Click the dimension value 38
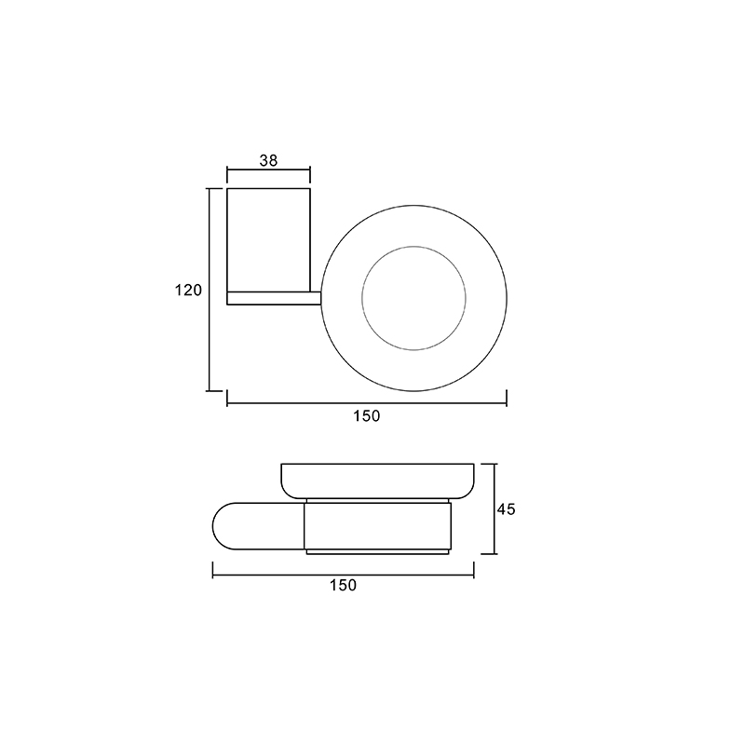click(x=268, y=160)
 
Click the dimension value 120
click(x=188, y=290)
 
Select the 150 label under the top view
click(x=366, y=416)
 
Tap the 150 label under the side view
click(x=343, y=585)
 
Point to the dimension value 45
click(x=506, y=509)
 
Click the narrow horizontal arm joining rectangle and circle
click(x=274, y=298)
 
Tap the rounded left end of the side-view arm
click(x=213, y=526)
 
